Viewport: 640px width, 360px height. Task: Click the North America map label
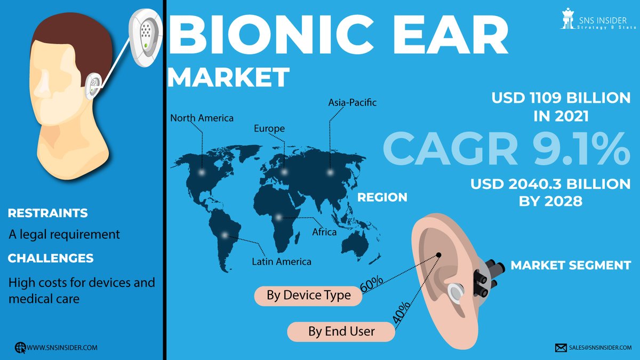coord(202,118)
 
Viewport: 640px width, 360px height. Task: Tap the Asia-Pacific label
coord(352,102)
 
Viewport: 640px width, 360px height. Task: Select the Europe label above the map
coord(269,129)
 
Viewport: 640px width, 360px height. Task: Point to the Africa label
coord(324,232)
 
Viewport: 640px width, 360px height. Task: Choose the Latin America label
coord(281,261)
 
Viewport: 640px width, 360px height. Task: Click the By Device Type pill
coord(309,295)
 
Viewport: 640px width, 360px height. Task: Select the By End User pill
coord(341,331)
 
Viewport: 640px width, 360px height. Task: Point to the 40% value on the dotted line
coord(402,312)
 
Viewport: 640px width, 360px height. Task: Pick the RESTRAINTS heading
coord(48,213)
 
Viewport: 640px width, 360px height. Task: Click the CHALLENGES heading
coord(51,258)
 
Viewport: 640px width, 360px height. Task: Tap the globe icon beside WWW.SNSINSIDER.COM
coord(20,347)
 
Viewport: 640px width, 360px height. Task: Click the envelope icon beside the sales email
coord(561,348)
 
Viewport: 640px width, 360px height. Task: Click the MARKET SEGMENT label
coord(571,265)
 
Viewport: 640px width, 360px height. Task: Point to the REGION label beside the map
coord(382,197)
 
